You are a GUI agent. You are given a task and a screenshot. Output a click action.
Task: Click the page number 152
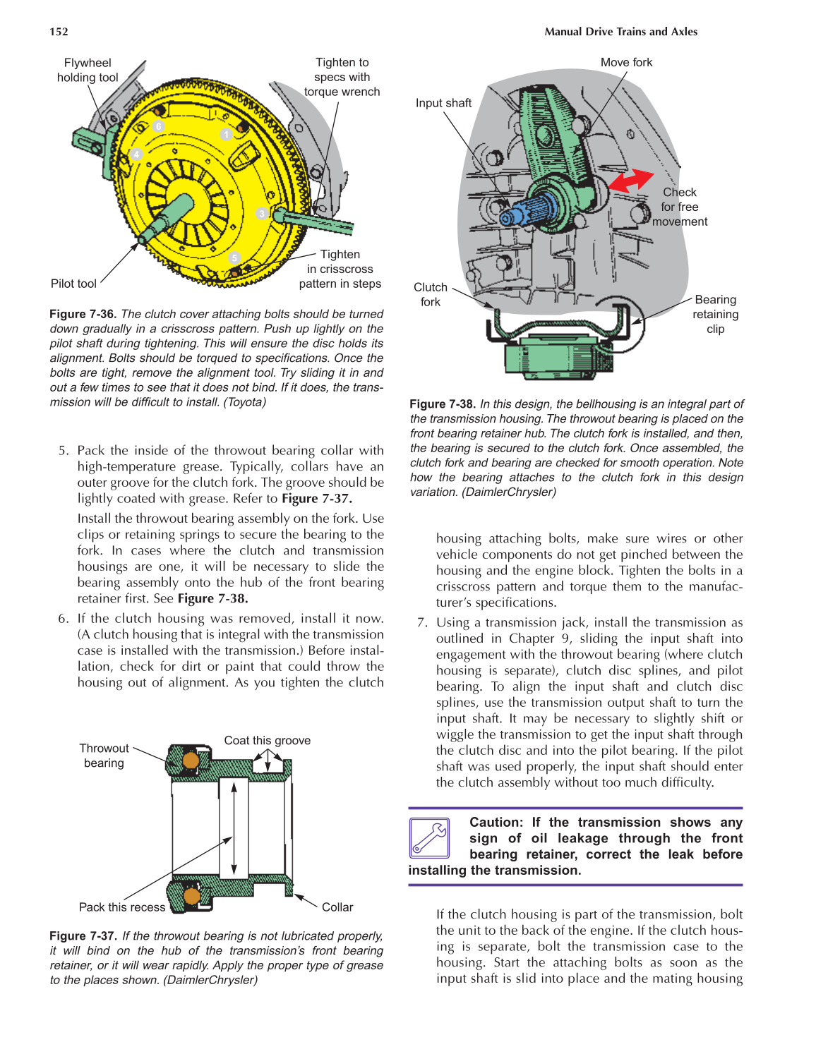[59, 32]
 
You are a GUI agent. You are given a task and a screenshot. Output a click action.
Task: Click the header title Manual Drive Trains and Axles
[620, 32]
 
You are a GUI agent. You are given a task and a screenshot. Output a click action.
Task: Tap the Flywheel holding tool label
[88, 71]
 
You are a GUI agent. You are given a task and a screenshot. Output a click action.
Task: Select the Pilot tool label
[73, 284]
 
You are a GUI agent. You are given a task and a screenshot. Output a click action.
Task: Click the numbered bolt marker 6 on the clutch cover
[159, 126]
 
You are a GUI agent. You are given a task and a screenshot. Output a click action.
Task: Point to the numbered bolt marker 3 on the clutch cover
[262, 214]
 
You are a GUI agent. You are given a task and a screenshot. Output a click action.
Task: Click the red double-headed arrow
[631, 181]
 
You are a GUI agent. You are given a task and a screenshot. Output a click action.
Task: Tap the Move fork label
[626, 63]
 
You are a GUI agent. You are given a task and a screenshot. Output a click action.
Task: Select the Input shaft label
[443, 103]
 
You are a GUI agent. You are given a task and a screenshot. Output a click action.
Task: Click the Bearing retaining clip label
[715, 315]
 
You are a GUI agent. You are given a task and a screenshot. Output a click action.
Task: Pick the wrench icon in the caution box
[429, 837]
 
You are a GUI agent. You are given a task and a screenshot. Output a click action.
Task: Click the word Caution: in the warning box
[496, 823]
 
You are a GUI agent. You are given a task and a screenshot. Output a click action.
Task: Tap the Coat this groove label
[267, 741]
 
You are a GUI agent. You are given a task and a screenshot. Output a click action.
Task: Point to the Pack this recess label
[121, 907]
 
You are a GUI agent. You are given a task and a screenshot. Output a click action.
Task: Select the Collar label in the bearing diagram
[337, 907]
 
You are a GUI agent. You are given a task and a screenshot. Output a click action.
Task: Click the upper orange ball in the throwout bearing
[191, 761]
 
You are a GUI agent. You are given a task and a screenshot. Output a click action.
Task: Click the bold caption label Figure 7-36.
[83, 314]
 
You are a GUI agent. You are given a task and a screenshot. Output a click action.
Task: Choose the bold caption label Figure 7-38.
[443, 404]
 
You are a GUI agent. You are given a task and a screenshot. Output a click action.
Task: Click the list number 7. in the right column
[422, 622]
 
